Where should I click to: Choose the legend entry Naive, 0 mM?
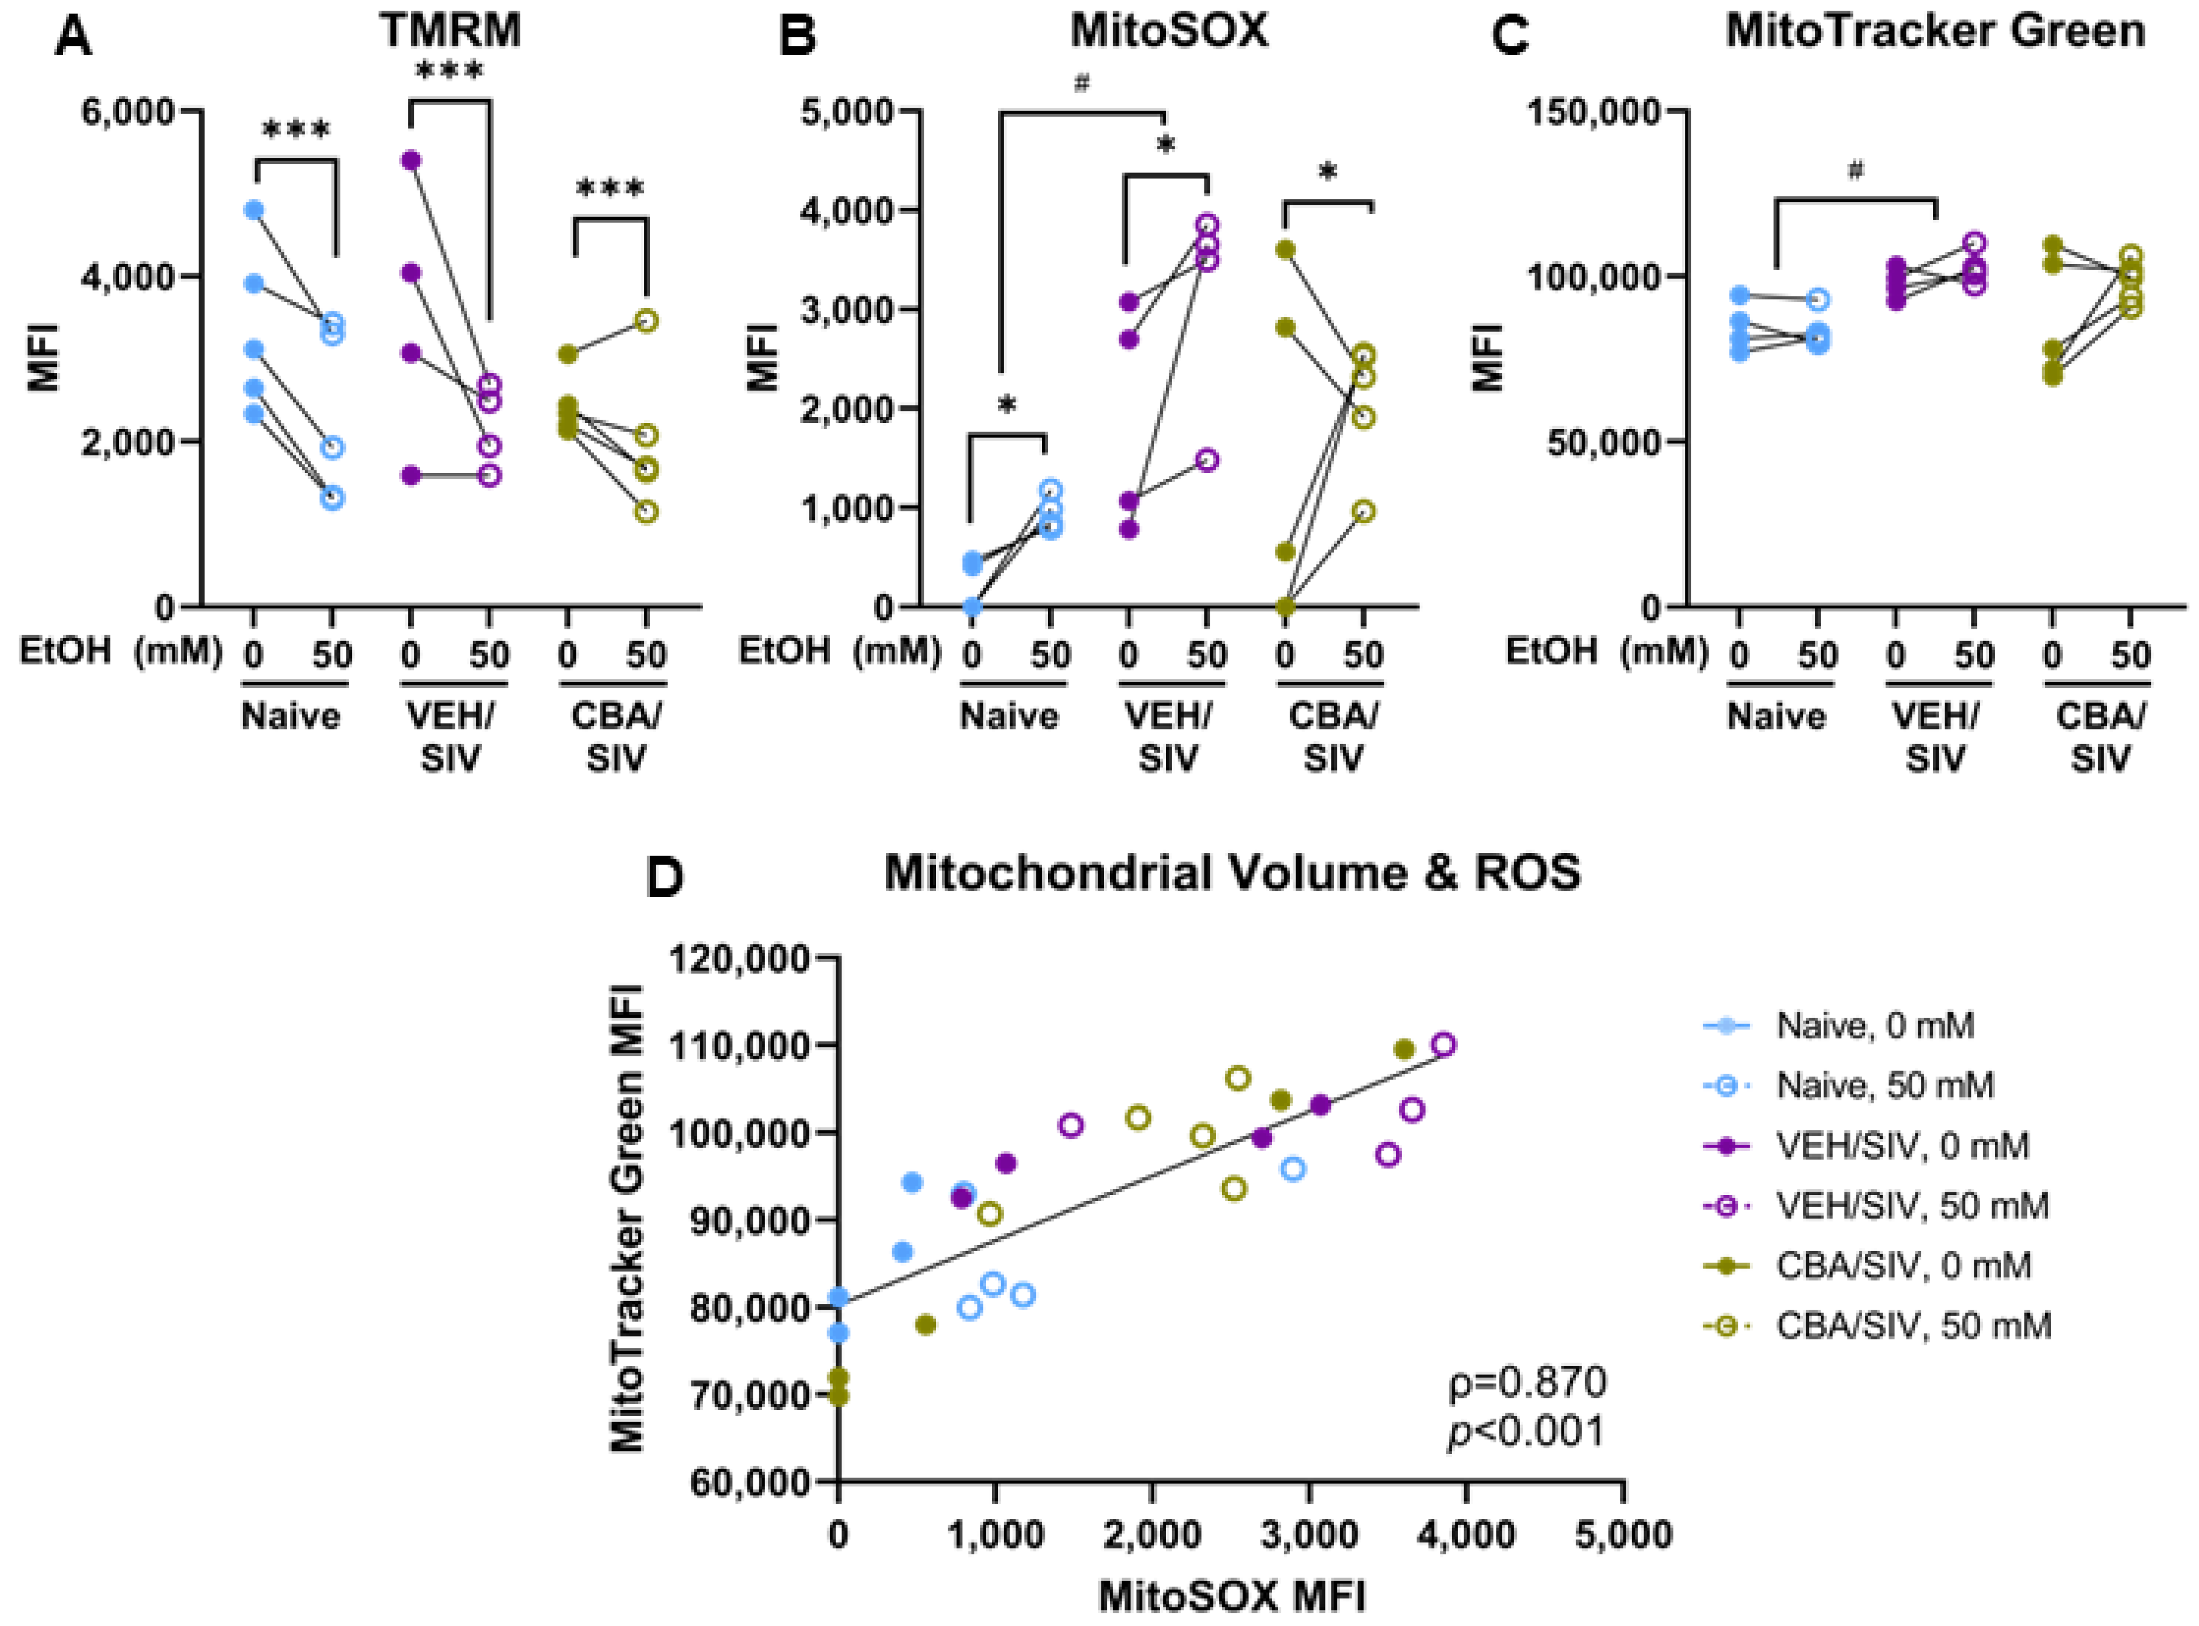(x=1874, y=1026)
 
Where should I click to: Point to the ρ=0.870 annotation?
(x=1528, y=1383)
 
